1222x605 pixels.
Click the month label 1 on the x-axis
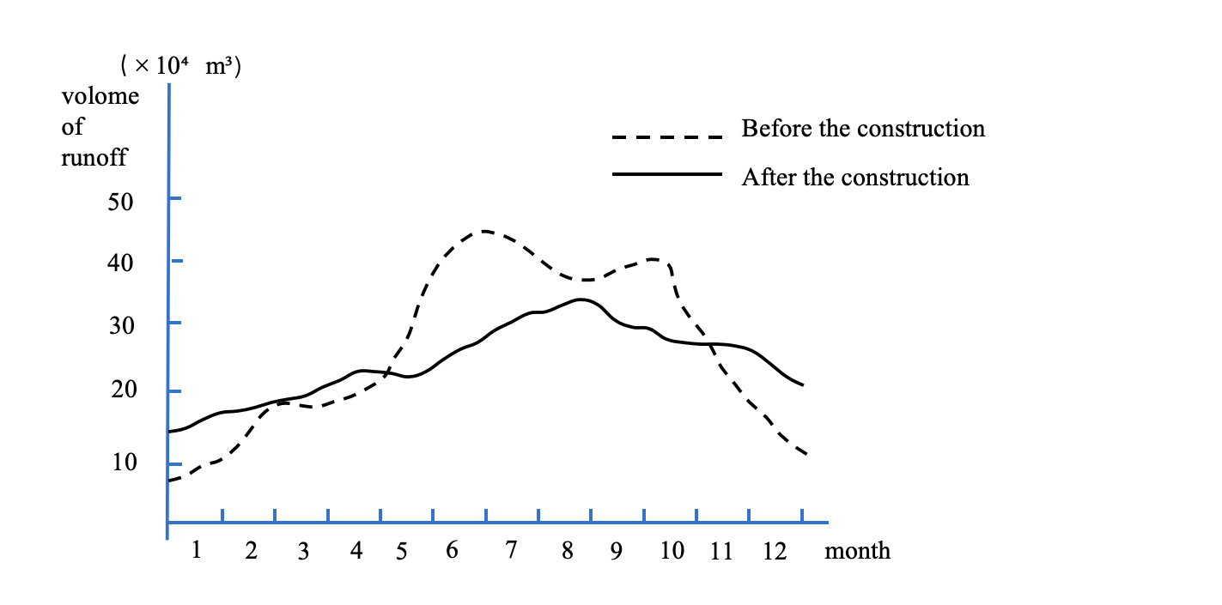point(197,549)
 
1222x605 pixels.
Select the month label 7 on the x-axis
point(511,550)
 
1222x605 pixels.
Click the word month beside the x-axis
point(858,551)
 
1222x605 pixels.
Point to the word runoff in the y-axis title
point(94,158)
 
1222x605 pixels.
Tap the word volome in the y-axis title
point(100,96)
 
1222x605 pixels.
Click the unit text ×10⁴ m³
point(181,66)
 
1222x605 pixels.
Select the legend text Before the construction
point(863,129)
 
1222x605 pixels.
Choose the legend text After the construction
point(855,178)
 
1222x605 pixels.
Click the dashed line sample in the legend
point(666,136)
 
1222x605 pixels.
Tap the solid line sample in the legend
point(666,174)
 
